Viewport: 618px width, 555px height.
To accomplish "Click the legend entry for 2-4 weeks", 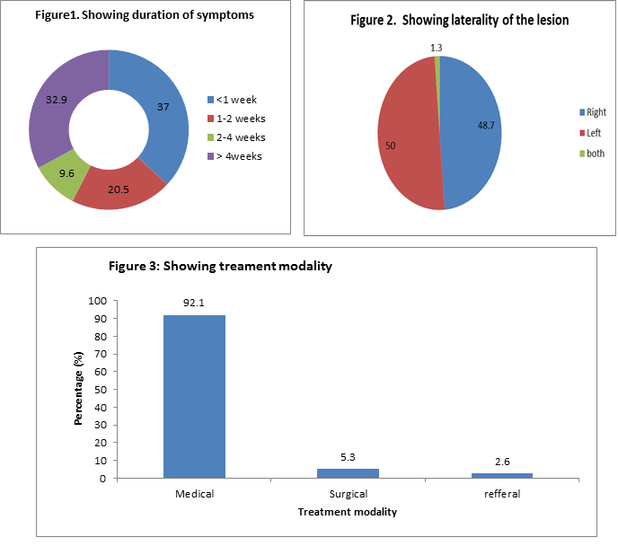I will [x=237, y=137].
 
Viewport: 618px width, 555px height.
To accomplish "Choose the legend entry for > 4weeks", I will [x=237, y=156].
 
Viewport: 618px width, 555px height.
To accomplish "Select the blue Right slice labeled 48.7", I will [x=476, y=126].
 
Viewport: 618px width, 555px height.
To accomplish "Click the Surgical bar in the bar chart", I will [x=348, y=473].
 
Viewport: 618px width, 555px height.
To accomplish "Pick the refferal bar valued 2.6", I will [x=501, y=476].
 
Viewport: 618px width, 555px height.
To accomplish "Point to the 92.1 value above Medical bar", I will [x=194, y=303].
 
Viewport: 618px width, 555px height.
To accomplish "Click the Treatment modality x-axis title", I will [x=348, y=513].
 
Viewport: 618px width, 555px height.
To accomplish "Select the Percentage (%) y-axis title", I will [x=79, y=389].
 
